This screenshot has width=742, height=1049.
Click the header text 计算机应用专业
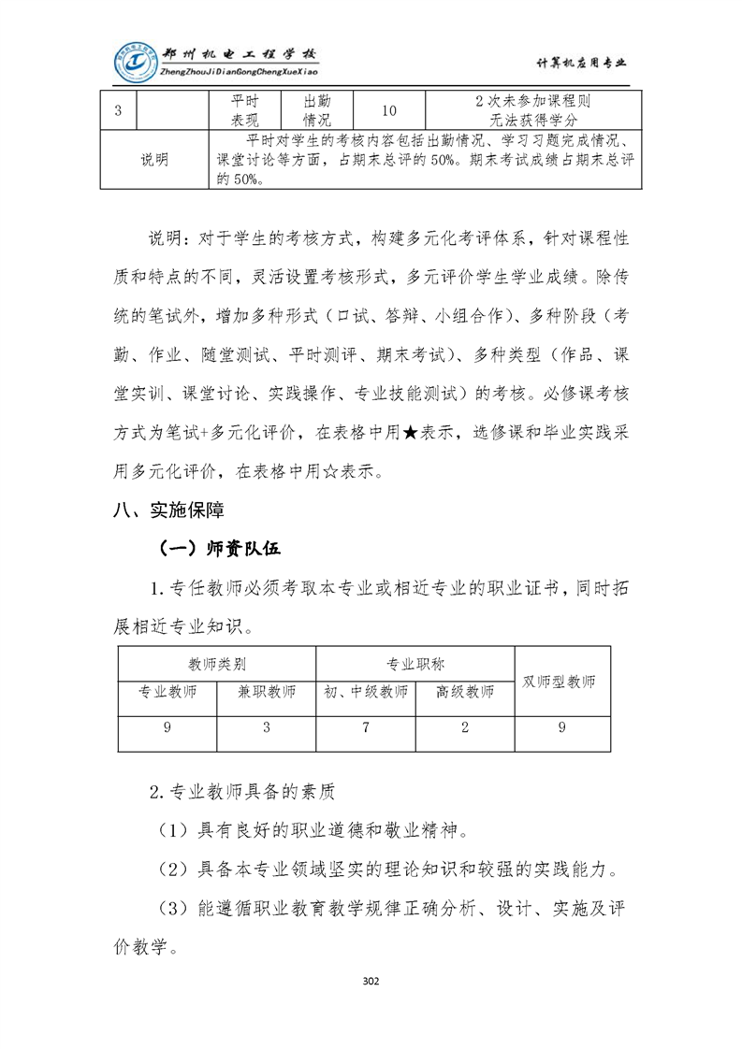(x=580, y=63)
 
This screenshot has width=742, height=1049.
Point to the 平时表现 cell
(x=245, y=110)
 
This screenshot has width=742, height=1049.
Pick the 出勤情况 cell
(x=316, y=110)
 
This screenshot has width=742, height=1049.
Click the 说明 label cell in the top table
(x=154, y=160)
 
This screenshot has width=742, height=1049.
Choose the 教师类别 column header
(x=217, y=664)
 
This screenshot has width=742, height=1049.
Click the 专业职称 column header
(x=415, y=664)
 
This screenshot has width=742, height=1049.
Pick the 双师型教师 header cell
(x=559, y=681)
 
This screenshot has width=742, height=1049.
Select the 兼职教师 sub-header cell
(x=267, y=692)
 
